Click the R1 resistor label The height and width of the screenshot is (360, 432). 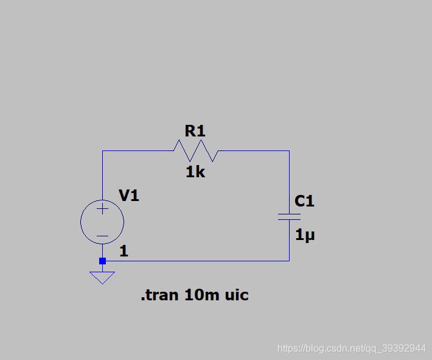tap(195, 130)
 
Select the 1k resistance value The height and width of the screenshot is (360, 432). tap(195, 172)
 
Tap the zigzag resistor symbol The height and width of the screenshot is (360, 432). tap(195, 150)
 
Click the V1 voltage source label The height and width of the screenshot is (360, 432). tap(129, 196)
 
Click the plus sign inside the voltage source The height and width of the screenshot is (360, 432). tap(102, 209)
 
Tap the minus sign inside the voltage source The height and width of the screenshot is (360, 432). tap(102, 236)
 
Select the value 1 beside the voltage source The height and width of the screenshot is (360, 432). tap(124, 251)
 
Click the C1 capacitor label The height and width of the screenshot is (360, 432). tap(304, 201)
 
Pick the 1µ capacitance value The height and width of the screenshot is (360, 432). tap(305, 235)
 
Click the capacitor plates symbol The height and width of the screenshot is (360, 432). tap(289, 217)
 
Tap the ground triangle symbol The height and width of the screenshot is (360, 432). tap(102, 277)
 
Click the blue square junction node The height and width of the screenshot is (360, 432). tap(102, 261)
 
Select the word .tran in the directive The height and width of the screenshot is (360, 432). tap(159, 295)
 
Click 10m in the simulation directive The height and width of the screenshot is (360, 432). tap(201, 295)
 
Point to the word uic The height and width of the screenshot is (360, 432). tap(237, 295)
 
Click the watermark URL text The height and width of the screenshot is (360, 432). tap(351, 348)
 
